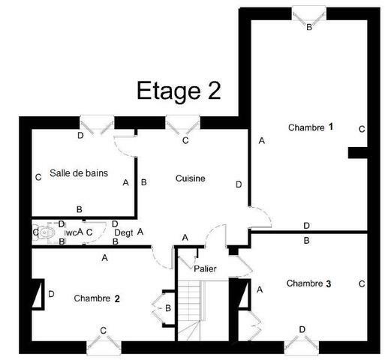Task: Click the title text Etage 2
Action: pos(178,90)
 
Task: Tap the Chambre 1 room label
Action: pos(310,127)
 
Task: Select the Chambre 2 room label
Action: pos(97,298)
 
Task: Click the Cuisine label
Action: pos(191,178)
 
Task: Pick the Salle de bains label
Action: pos(79,173)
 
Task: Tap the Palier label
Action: pos(205,268)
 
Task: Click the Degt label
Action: pos(123,233)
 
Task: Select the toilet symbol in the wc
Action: pos(47,233)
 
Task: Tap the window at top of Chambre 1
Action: pos(309,13)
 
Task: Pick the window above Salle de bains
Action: pos(96,122)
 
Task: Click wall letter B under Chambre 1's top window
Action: pos(309,27)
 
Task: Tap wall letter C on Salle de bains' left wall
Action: pos(37,178)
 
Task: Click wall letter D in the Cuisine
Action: pos(238,184)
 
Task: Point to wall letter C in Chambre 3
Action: pos(361,284)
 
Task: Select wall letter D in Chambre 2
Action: pos(51,294)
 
